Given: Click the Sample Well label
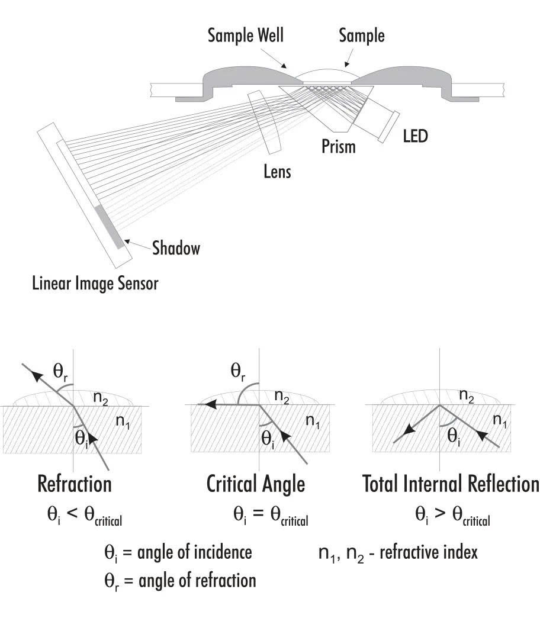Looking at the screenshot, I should pyautogui.click(x=245, y=35).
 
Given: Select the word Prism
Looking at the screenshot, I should pyautogui.click(x=338, y=146).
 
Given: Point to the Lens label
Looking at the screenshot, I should pyautogui.click(x=277, y=172).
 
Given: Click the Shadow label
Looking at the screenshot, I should pyautogui.click(x=176, y=247).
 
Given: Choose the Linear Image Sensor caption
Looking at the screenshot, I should pyautogui.click(x=95, y=284).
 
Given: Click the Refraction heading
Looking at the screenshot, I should pyautogui.click(x=74, y=484).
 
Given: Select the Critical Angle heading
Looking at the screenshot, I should pyautogui.click(x=255, y=484).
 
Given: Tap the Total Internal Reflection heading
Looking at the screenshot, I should pyautogui.click(x=451, y=484).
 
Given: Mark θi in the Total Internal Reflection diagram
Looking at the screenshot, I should pyautogui.click(x=454, y=437).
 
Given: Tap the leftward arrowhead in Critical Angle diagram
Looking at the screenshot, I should pyautogui.click(x=204, y=405).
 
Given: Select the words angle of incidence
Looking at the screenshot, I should pyautogui.click(x=195, y=552).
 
